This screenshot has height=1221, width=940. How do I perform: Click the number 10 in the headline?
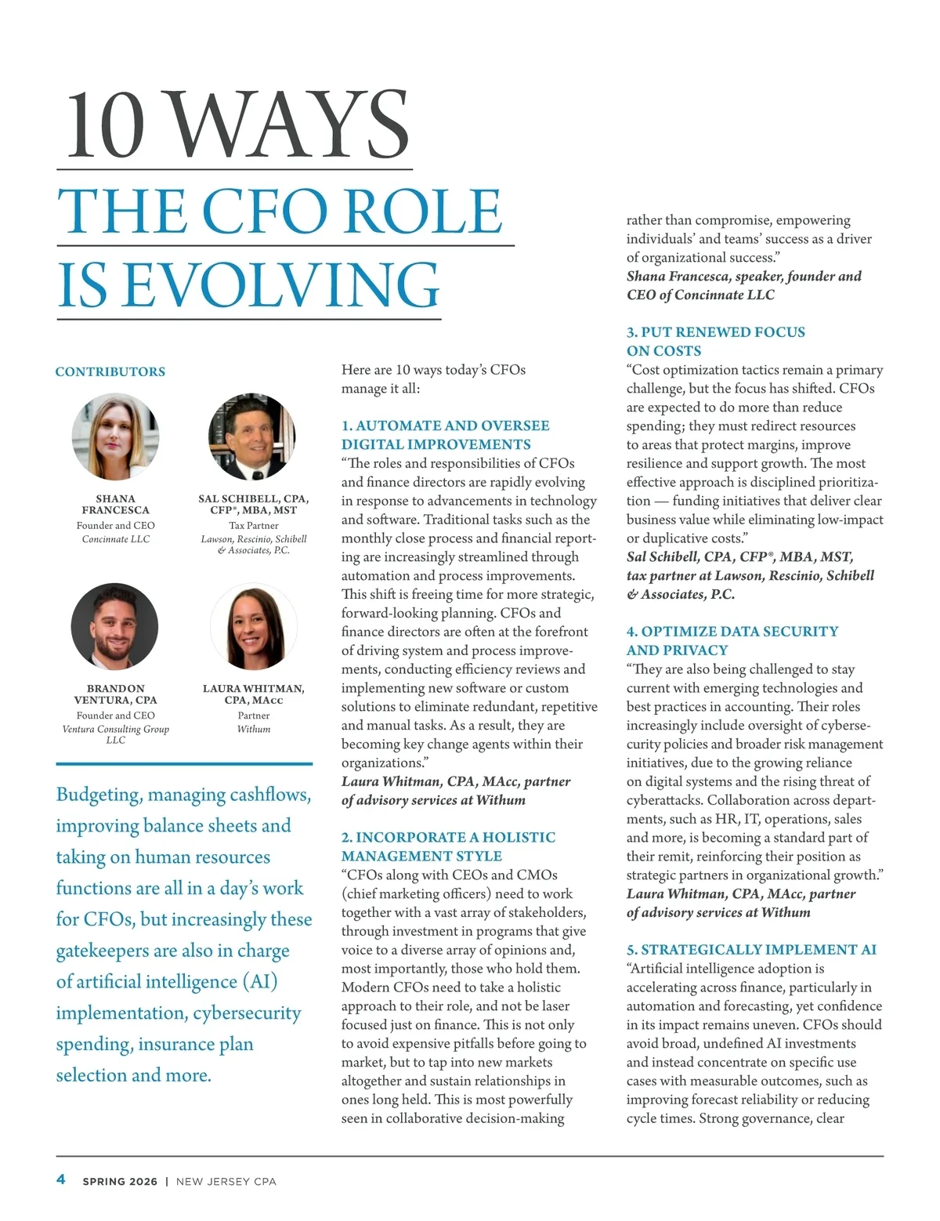[x=106, y=125]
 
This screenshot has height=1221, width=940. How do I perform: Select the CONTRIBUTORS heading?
[x=110, y=371]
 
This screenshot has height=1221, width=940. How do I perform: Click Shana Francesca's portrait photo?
[x=115, y=437]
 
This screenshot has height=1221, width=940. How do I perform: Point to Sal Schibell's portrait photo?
[x=252, y=437]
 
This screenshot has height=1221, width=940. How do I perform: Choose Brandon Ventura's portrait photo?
[x=115, y=626]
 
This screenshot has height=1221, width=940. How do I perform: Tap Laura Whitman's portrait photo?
[x=253, y=626]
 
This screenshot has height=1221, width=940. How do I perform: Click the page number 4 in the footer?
[x=61, y=1179]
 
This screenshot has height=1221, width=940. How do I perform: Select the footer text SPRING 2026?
[x=120, y=1181]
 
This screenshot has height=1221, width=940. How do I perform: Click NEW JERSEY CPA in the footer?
[x=226, y=1181]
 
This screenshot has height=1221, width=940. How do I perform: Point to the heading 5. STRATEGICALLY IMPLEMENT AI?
[x=751, y=950]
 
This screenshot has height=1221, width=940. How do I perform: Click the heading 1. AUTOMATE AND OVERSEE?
[x=445, y=426]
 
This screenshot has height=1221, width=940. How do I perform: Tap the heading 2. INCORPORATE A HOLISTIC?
[x=448, y=837]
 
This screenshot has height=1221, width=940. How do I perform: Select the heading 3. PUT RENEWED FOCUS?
[x=715, y=332]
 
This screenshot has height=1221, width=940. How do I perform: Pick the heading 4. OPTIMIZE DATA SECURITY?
[x=732, y=632]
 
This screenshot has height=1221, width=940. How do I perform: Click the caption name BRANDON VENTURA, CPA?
[x=116, y=694]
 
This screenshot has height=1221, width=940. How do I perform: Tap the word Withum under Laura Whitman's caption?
[x=254, y=729]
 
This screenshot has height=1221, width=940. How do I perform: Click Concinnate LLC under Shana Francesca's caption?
[x=116, y=539]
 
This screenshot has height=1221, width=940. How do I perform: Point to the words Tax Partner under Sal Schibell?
[x=253, y=526]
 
